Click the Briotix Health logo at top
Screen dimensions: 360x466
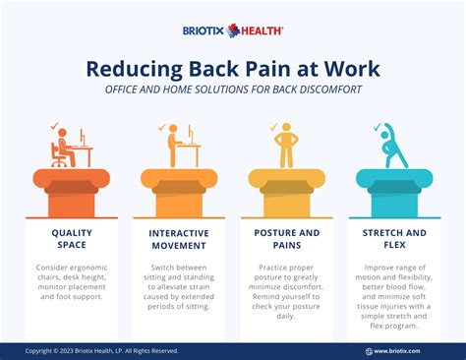point(233,30)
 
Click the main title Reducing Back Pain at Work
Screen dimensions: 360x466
point(233,69)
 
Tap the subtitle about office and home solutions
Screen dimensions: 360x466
point(233,90)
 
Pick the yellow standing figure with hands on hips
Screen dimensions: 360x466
point(286,147)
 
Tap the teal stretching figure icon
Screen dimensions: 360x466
point(393,147)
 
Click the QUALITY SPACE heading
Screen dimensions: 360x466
point(71,239)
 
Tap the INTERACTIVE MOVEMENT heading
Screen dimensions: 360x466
point(179,239)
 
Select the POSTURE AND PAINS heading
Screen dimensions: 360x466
point(286,239)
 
